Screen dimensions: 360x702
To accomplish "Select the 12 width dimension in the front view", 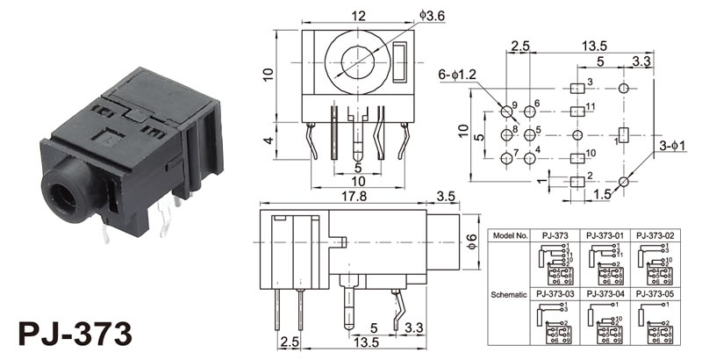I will click(358, 15).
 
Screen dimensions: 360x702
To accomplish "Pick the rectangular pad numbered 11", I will click(577, 112).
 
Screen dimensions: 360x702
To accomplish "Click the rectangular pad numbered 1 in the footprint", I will click(625, 135).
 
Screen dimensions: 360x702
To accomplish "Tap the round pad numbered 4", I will click(528, 158).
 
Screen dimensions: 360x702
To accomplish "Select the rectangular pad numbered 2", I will click(577, 181).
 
